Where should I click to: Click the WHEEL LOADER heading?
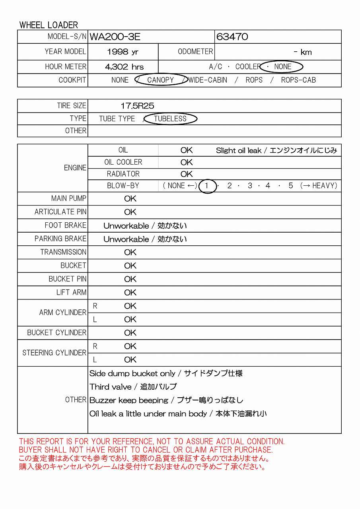[49, 25]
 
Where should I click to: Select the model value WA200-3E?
[115, 37]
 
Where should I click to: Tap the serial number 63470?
[232, 37]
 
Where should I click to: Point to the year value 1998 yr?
[123, 52]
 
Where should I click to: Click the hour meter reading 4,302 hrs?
[124, 67]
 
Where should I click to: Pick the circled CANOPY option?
[161, 80]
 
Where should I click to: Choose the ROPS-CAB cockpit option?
[298, 80]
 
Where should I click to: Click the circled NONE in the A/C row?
[283, 67]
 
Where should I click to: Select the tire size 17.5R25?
[137, 106]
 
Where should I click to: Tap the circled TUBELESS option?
[170, 119]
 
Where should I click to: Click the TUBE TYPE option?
[117, 119]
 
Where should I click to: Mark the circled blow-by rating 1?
[207, 186]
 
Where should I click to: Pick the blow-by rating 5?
[291, 186]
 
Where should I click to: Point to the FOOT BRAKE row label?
[66, 225]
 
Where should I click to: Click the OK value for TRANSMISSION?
[130, 253]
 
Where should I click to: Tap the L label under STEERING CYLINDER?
[95, 359]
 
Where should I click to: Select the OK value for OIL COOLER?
[186, 162]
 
